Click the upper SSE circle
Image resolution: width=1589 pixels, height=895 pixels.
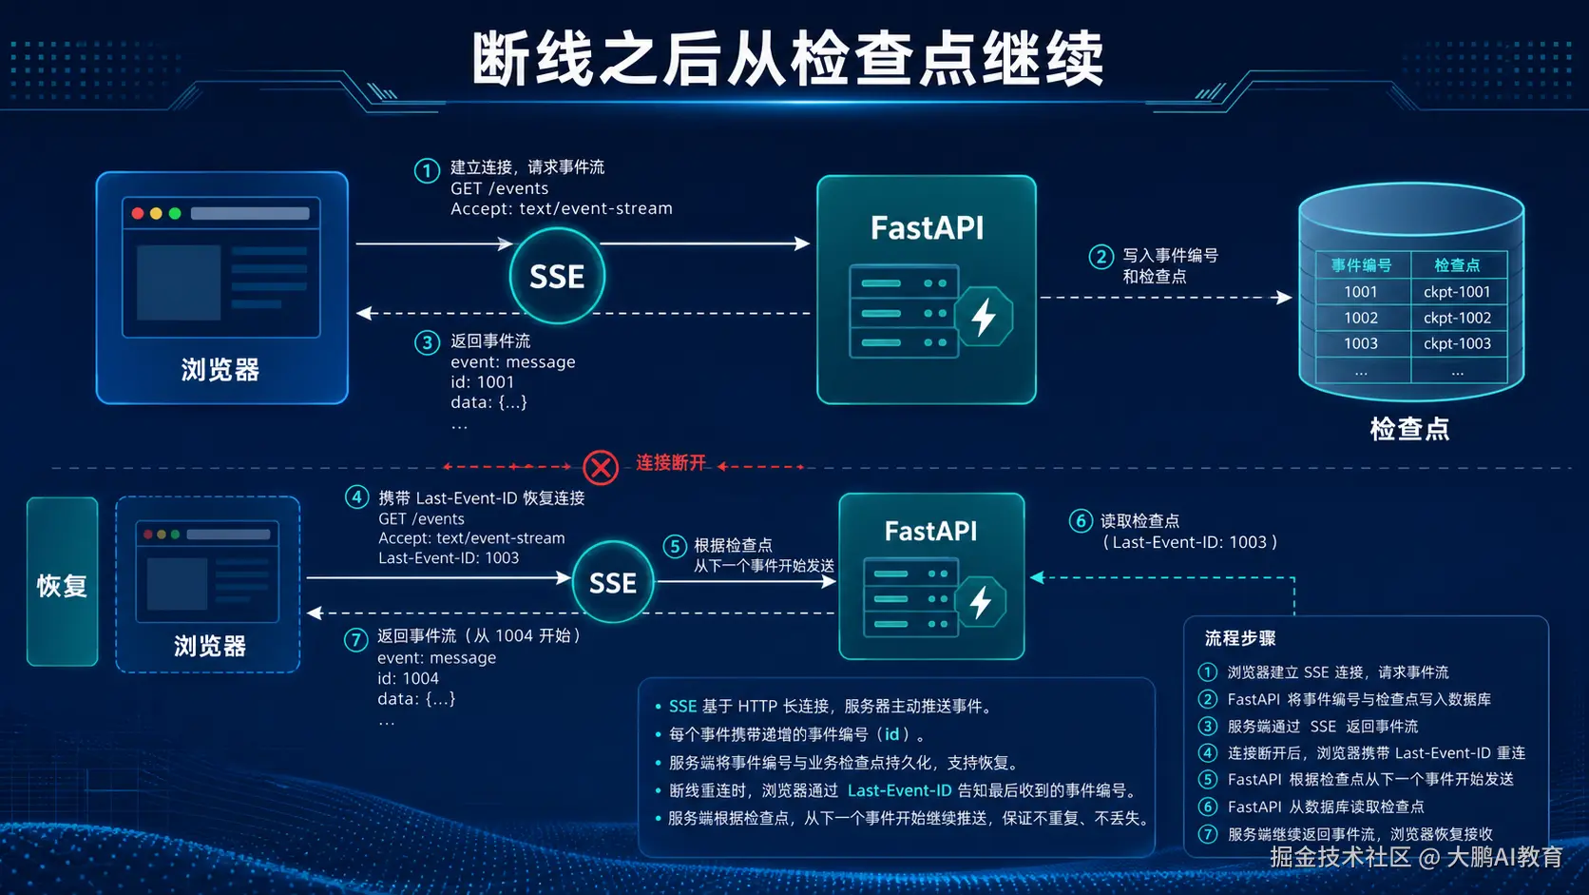tap(557, 276)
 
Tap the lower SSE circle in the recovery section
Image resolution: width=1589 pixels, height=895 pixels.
tap(613, 583)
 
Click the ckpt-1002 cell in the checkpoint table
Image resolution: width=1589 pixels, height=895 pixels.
tap(1457, 318)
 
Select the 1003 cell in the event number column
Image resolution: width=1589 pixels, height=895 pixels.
tap(1361, 343)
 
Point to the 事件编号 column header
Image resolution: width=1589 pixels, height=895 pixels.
tap(1361, 265)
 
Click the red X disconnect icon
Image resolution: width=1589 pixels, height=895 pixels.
tap(601, 468)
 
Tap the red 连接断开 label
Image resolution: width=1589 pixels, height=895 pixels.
tap(670, 463)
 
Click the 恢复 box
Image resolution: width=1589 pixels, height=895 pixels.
tap(63, 582)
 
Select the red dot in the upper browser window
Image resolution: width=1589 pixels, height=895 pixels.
tap(138, 214)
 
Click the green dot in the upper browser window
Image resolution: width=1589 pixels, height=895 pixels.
tap(175, 214)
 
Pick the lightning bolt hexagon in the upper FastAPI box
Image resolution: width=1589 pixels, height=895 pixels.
tap(984, 317)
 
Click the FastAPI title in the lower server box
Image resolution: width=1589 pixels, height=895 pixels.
tap(930, 532)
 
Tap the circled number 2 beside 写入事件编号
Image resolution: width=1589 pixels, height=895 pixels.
tap(1101, 257)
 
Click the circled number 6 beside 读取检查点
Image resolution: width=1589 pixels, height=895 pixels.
tap(1081, 521)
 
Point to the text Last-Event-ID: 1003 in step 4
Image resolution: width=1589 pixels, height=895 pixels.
tap(449, 558)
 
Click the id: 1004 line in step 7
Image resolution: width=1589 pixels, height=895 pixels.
tap(408, 678)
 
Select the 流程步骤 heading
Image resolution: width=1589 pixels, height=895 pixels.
tap(1240, 638)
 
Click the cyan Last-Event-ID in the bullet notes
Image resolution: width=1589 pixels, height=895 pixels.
tap(899, 790)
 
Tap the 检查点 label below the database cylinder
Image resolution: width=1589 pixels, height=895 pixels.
tap(1409, 429)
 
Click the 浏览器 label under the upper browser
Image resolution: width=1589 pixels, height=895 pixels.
tap(220, 370)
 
